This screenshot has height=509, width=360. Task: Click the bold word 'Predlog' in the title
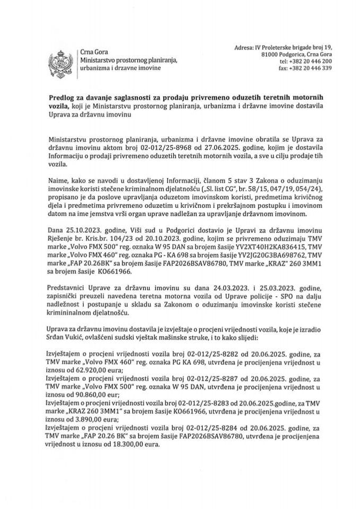tap(59, 98)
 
